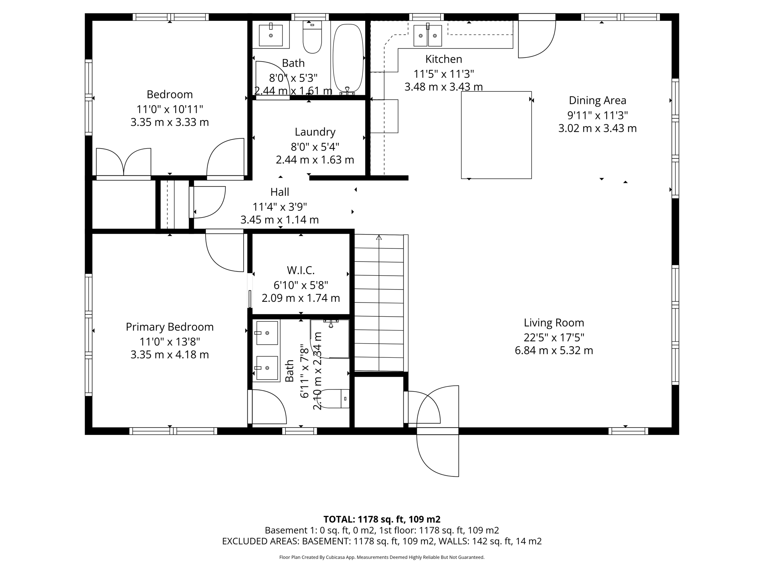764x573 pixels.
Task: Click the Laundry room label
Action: [315, 132]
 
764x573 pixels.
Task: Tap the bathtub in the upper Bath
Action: [348, 58]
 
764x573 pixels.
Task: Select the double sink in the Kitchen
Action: [428, 35]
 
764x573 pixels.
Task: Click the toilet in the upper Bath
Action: [312, 37]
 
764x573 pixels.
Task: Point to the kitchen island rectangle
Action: [496, 135]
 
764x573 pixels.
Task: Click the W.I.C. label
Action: [301, 270]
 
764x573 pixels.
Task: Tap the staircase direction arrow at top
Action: [379, 238]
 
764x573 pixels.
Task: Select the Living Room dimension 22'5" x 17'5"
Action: [554, 338]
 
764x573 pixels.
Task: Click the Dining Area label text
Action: [597, 100]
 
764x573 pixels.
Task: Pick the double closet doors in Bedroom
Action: [124, 162]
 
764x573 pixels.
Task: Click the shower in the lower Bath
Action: [330, 339]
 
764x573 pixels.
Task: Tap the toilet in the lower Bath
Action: [335, 398]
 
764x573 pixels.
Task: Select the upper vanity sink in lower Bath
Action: [267, 333]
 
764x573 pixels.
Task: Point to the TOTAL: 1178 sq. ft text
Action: [382, 519]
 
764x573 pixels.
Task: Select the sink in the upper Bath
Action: [271, 35]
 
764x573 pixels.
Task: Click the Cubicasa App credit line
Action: [382, 557]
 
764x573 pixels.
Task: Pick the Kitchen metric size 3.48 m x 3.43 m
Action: [444, 87]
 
